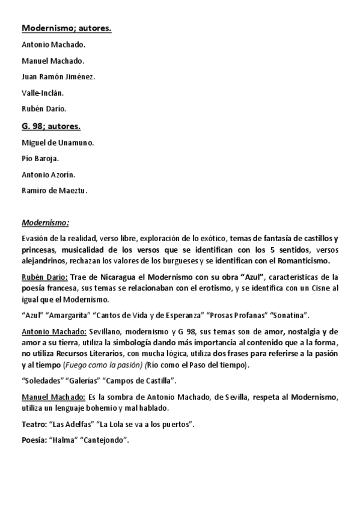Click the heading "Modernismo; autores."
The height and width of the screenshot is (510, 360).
coord(66,28)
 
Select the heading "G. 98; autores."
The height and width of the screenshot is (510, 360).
coord(51,126)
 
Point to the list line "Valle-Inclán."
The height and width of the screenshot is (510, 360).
coord(43,93)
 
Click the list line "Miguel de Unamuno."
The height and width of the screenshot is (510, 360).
coord(58,143)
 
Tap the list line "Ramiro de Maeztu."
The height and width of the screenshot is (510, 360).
coord(54,191)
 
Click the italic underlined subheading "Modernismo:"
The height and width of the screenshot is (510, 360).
coord(45,223)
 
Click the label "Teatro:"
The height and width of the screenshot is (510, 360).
coord(34,425)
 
